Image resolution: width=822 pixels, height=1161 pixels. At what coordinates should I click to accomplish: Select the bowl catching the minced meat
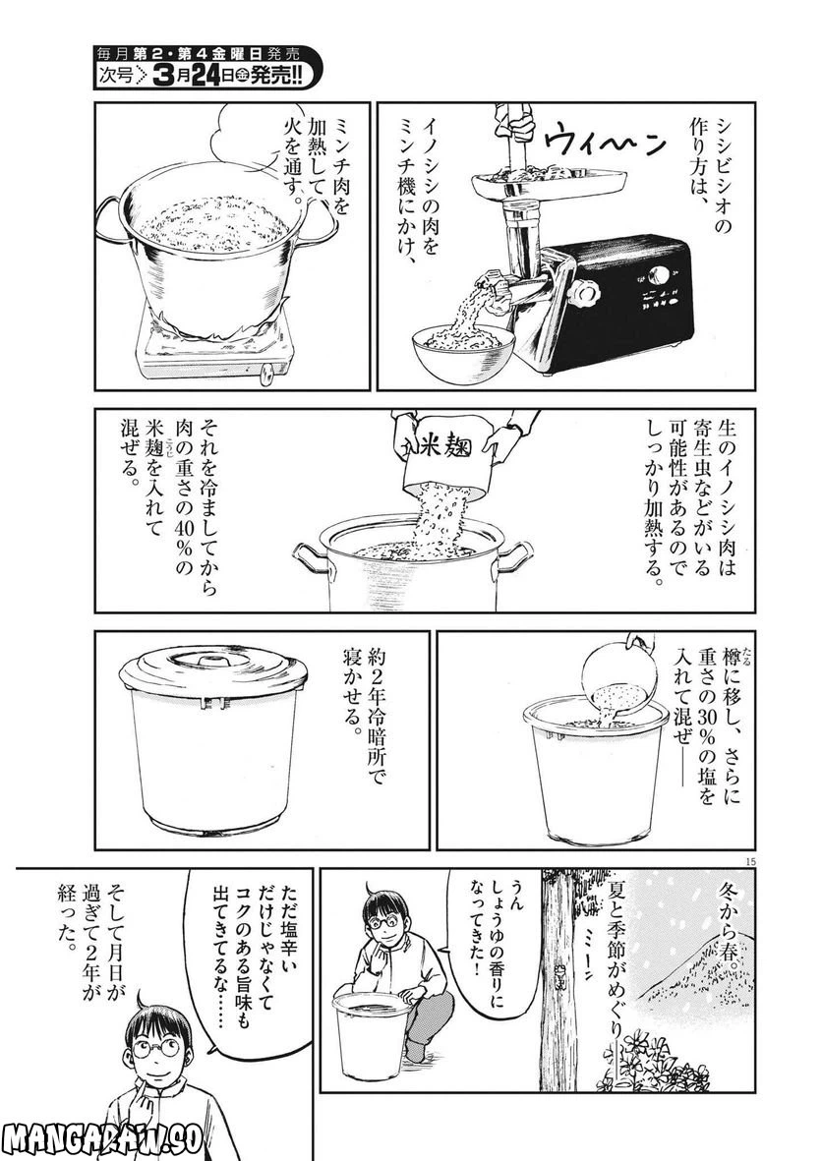pyautogui.click(x=463, y=347)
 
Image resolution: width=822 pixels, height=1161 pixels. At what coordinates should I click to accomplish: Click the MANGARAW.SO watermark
pyautogui.click(x=101, y=1139)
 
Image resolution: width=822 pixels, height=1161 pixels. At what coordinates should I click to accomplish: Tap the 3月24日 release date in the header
pyautogui.click(x=197, y=76)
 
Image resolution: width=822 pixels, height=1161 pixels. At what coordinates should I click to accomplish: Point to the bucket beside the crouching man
pyautogui.click(x=371, y=1030)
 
